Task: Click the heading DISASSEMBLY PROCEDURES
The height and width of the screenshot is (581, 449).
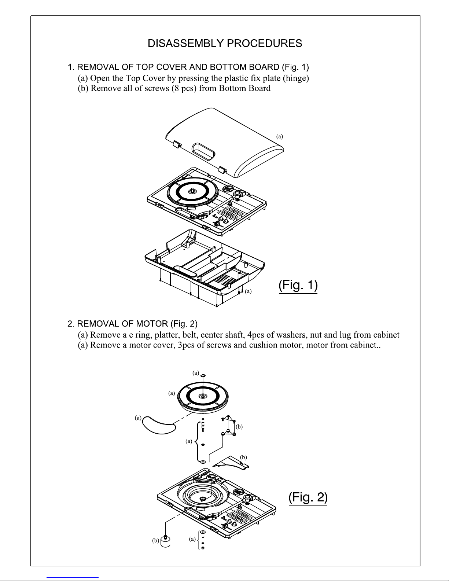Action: [225, 43]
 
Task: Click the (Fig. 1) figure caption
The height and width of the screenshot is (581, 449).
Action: [298, 285]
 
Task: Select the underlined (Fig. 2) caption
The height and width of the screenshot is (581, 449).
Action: [308, 497]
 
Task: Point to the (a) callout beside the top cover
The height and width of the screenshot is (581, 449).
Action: [280, 137]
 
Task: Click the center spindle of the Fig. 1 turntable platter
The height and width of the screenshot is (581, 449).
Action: [192, 191]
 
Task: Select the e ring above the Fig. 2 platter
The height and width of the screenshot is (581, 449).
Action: [203, 375]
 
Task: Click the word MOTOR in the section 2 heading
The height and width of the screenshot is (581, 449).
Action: [152, 324]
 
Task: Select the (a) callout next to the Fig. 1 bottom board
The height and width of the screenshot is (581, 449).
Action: [248, 291]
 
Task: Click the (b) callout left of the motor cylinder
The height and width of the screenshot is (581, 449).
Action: [155, 541]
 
